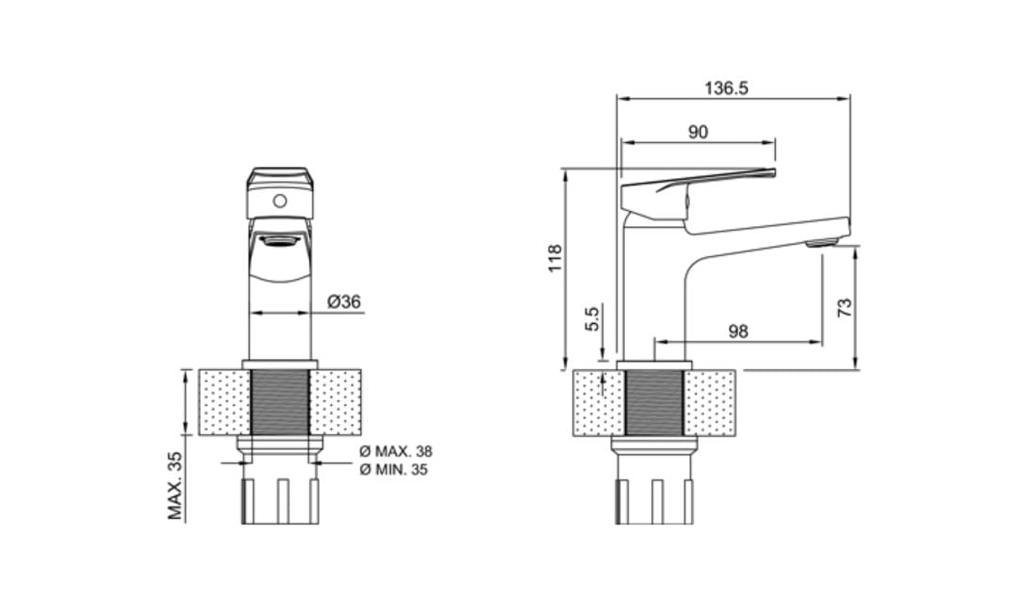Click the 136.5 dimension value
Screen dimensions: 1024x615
(x=726, y=88)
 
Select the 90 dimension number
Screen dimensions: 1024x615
(x=698, y=133)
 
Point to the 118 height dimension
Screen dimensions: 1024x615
(x=555, y=258)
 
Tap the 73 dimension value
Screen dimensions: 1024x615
(x=845, y=307)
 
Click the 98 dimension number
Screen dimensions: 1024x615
(x=738, y=332)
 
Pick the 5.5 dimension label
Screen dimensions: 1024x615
(x=592, y=319)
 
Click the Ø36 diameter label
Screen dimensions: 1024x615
(x=344, y=302)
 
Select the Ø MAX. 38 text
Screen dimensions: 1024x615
(x=396, y=451)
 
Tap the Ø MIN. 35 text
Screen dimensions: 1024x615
(x=394, y=470)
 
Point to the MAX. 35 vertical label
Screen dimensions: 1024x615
(x=175, y=486)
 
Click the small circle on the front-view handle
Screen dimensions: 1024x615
(x=279, y=201)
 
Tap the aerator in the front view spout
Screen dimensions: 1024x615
(x=279, y=241)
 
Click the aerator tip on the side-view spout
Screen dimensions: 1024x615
(x=821, y=243)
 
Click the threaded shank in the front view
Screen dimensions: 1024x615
(x=279, y=402)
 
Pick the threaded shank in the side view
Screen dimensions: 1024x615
(x=653, y=402)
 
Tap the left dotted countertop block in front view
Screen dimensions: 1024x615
(x=224, y=402)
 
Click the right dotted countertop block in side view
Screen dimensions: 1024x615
(x=709, y=402)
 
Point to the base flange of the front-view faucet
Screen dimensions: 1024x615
(x=279, y=364)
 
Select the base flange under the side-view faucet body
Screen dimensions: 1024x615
(x=653, y=364)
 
